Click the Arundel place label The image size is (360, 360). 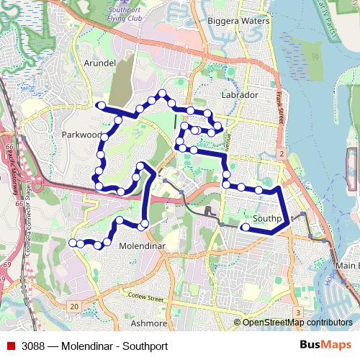point(100,63)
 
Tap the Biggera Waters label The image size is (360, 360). point(238,22)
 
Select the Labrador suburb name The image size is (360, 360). point(240,94)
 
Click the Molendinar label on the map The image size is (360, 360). point(141,246)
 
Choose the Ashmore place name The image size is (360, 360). point(150,323)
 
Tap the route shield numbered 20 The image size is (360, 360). point(74,307)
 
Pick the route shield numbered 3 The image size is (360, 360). point(297,312)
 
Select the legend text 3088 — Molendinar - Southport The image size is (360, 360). point(89,344)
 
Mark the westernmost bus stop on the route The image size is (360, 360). point(72,243)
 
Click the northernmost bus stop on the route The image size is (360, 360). point(163,93)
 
